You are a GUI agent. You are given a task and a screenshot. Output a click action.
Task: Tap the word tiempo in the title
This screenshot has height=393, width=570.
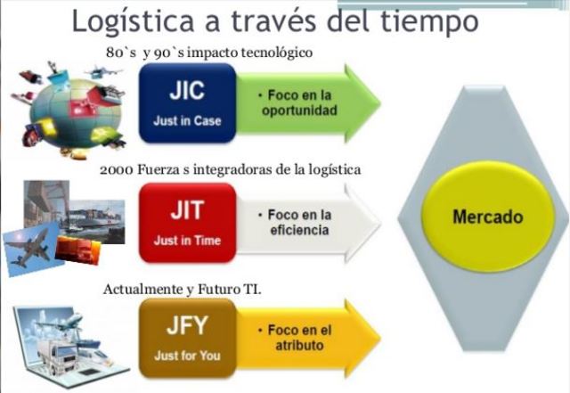tap(427, 21)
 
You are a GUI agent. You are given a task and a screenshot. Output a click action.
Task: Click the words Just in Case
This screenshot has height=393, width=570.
tap(187, 121)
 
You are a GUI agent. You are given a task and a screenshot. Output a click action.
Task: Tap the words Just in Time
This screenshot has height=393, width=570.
tap(187, 241)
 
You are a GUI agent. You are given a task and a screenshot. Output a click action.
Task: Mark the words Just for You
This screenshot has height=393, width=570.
tap(187, 355)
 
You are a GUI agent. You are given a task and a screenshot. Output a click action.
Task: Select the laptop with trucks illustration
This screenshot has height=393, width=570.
tap(67, 343)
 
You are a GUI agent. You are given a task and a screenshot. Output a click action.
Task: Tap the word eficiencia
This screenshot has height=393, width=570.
tap(298, 231)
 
